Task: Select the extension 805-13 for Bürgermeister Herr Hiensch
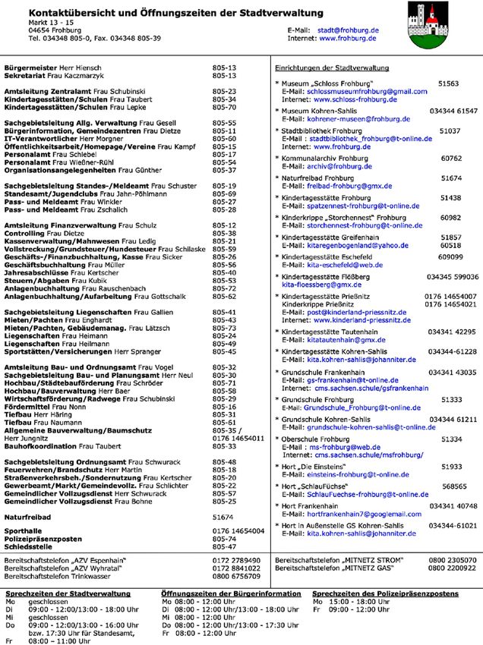pyautogui.click(x=225, y=68)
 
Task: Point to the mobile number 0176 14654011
pyautogui.click(x=238, y=439)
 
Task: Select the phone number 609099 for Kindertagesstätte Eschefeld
pyautogui.click(x=450, y=256)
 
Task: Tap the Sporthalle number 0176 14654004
pyautogui.click(x=238, y=530)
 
